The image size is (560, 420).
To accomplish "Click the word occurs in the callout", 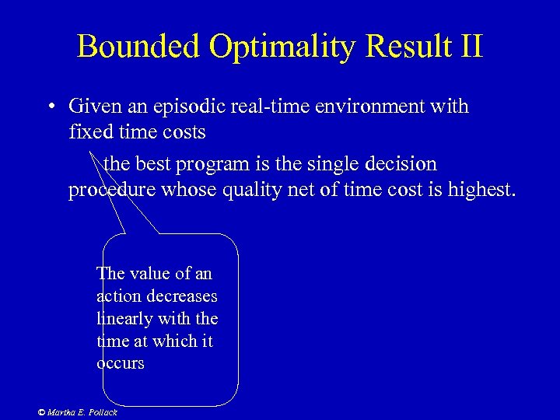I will coord(121,364).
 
